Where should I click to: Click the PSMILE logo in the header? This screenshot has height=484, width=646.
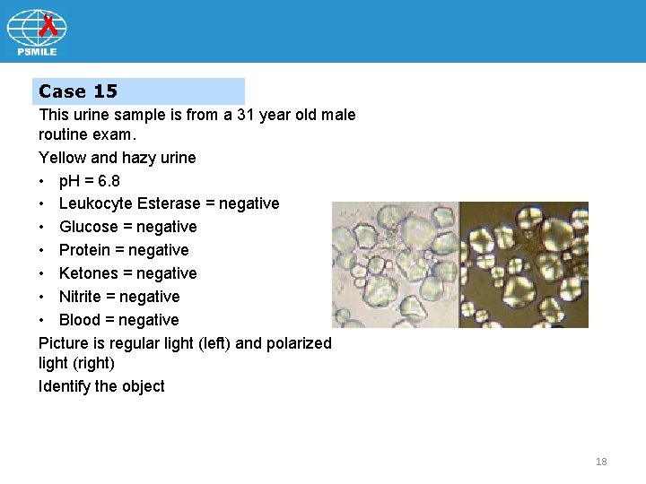(x=37, y=33)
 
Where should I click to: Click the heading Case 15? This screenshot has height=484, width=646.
(x=78, y=91)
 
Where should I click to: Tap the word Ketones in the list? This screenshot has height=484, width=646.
(x=89, y=273)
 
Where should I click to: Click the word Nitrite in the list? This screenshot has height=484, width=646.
(x=83, y=297)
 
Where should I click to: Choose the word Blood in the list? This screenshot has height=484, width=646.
(x=81, y=320)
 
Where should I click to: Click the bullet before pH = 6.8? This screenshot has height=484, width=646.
(x=43, y=181)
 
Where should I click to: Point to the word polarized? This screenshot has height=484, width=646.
(x=298, y=343)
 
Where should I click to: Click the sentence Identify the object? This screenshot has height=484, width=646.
(x=101, y=386)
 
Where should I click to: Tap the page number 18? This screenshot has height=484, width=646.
(x=601, y=462)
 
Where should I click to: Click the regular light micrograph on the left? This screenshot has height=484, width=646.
(x=395, y=264)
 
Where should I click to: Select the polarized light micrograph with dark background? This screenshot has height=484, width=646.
(x=524, y=264)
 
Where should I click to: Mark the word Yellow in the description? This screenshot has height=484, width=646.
(x=61, y=158)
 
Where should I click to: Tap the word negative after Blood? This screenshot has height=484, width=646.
(x=148, y=320)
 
